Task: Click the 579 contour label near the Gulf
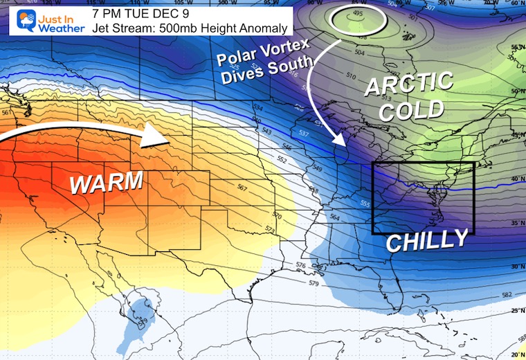[314, 283]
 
